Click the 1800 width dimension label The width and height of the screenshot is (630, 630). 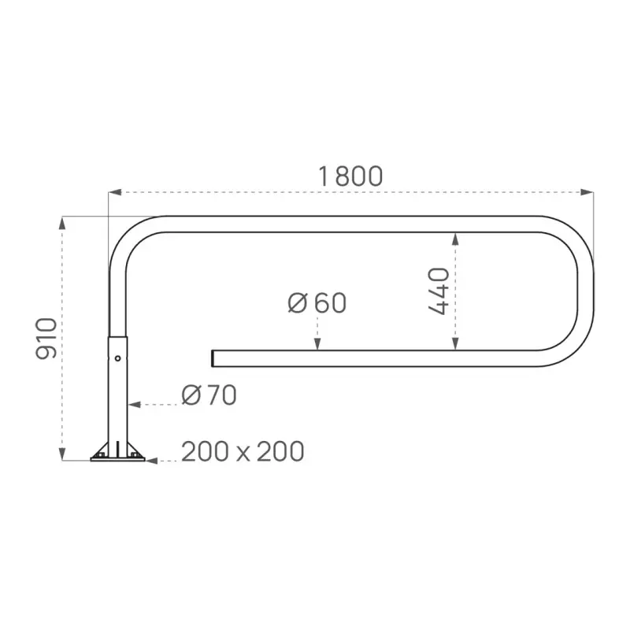(350, 176)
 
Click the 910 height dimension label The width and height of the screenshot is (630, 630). (47, 339)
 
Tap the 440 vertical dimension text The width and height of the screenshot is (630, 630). (439, 291)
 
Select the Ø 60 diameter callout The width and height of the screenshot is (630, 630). (317, 303)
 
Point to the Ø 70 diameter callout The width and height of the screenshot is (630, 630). (209, 395)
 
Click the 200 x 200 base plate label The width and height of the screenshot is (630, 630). (243, 452)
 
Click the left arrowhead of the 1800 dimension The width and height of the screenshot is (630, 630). (113, 191)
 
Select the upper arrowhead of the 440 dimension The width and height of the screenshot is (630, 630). (454, 238)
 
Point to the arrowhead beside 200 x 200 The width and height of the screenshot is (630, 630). (153, 461)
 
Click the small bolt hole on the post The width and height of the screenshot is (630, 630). (117, 358)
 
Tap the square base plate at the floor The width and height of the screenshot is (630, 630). (118, 458)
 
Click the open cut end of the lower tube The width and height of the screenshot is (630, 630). (213, 358)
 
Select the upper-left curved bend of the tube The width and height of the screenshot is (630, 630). (128, 235)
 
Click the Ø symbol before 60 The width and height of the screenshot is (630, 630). (297, 303)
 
